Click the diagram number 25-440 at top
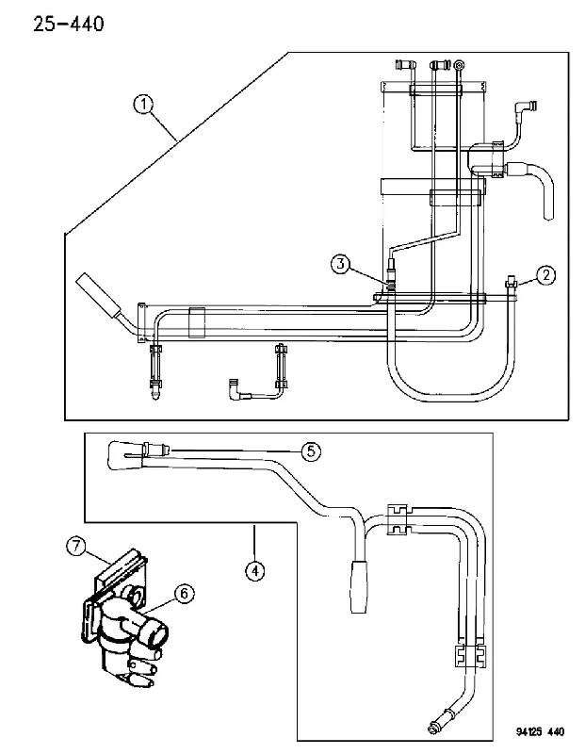tap(68, 25)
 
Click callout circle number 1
tap(143, 105)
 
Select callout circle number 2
tap(545, 275)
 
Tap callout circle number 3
tap(340, 264)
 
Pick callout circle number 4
tap(254, 571)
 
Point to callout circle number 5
tap(311, 451)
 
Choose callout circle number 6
tap(184, 594)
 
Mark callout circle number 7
tap(76, 547)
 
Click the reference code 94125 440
tap(540, 732)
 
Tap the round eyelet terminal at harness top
tap(460, 64)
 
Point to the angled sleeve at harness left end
tap(98, 296)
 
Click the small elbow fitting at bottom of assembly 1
tap(238, 387)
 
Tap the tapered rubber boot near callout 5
tap(126, 455)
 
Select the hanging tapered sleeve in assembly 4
tap(359, 586)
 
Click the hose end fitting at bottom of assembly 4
tap(440, 725)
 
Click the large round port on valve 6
tap(155, 635)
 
